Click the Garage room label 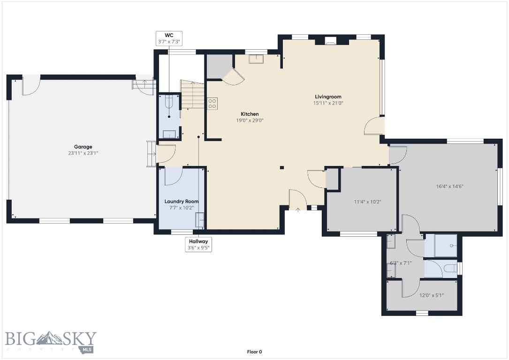(83, 147)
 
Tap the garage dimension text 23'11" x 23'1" (83, 153)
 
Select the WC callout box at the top (169, 38)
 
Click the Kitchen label (250, 114)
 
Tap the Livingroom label (328, 97)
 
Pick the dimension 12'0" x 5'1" (431, 295)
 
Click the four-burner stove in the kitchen (212, 103)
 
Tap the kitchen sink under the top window (256, 59)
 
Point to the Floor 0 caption (254, 352)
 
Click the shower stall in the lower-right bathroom (441, 245)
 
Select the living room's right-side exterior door (374, 126)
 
